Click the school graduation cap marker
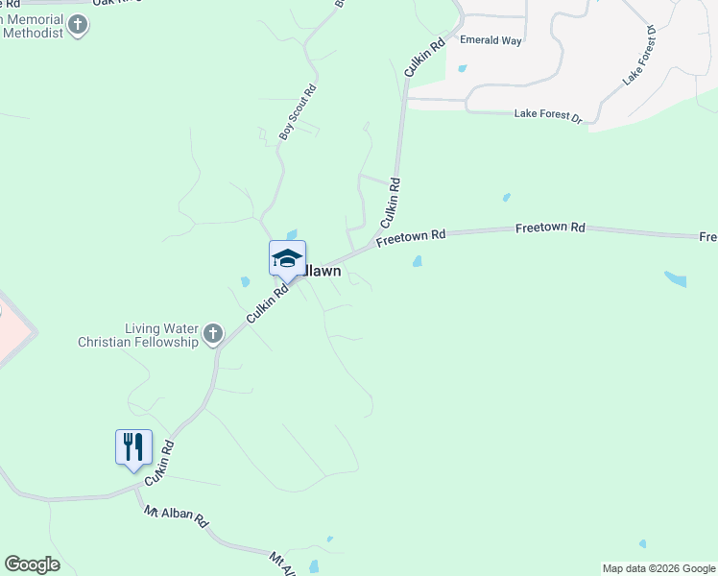click(x=287, y=258)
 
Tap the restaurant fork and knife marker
click(x=133, y=447)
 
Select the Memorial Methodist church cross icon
click(x=78, y=25)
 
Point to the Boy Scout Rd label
click(x=298, y=112)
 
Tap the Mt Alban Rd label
click(x=177, y=518)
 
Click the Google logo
click(x=32, y=564)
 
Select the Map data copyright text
click(x=658, y=568)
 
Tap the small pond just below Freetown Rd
click(x=417, y=261)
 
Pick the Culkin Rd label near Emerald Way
click(x=425, y=58)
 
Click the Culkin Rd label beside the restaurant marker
click(x=159, y=463)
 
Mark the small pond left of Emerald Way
click(x=462, y=68)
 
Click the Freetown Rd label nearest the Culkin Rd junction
click(x=412, y=235)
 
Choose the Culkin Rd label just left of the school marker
click(x=267, y=303)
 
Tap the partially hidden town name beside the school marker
click(x=323, y=272)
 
